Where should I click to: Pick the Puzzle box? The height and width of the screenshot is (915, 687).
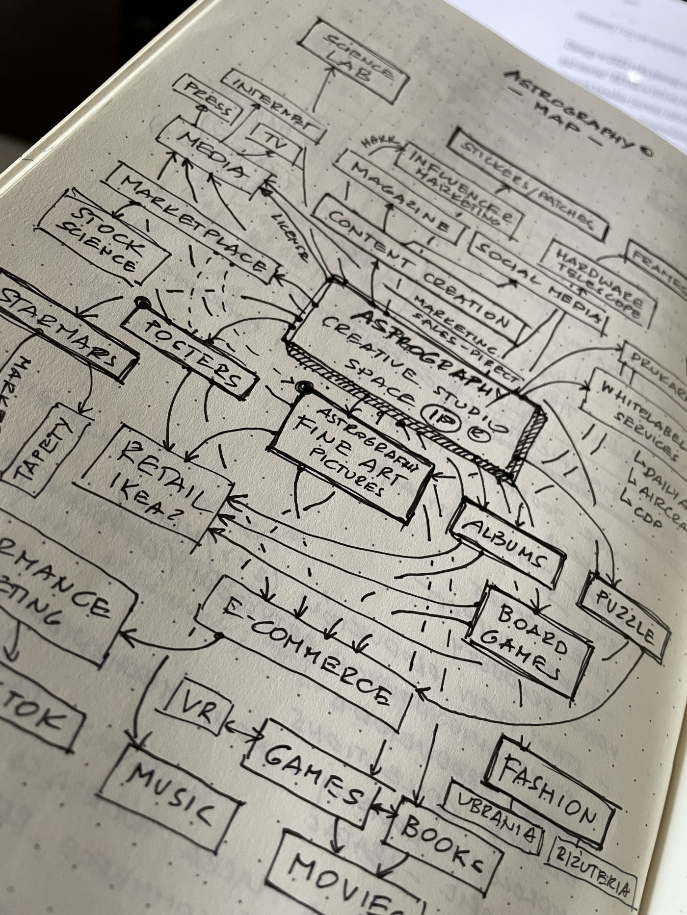(x=625, y=617)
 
